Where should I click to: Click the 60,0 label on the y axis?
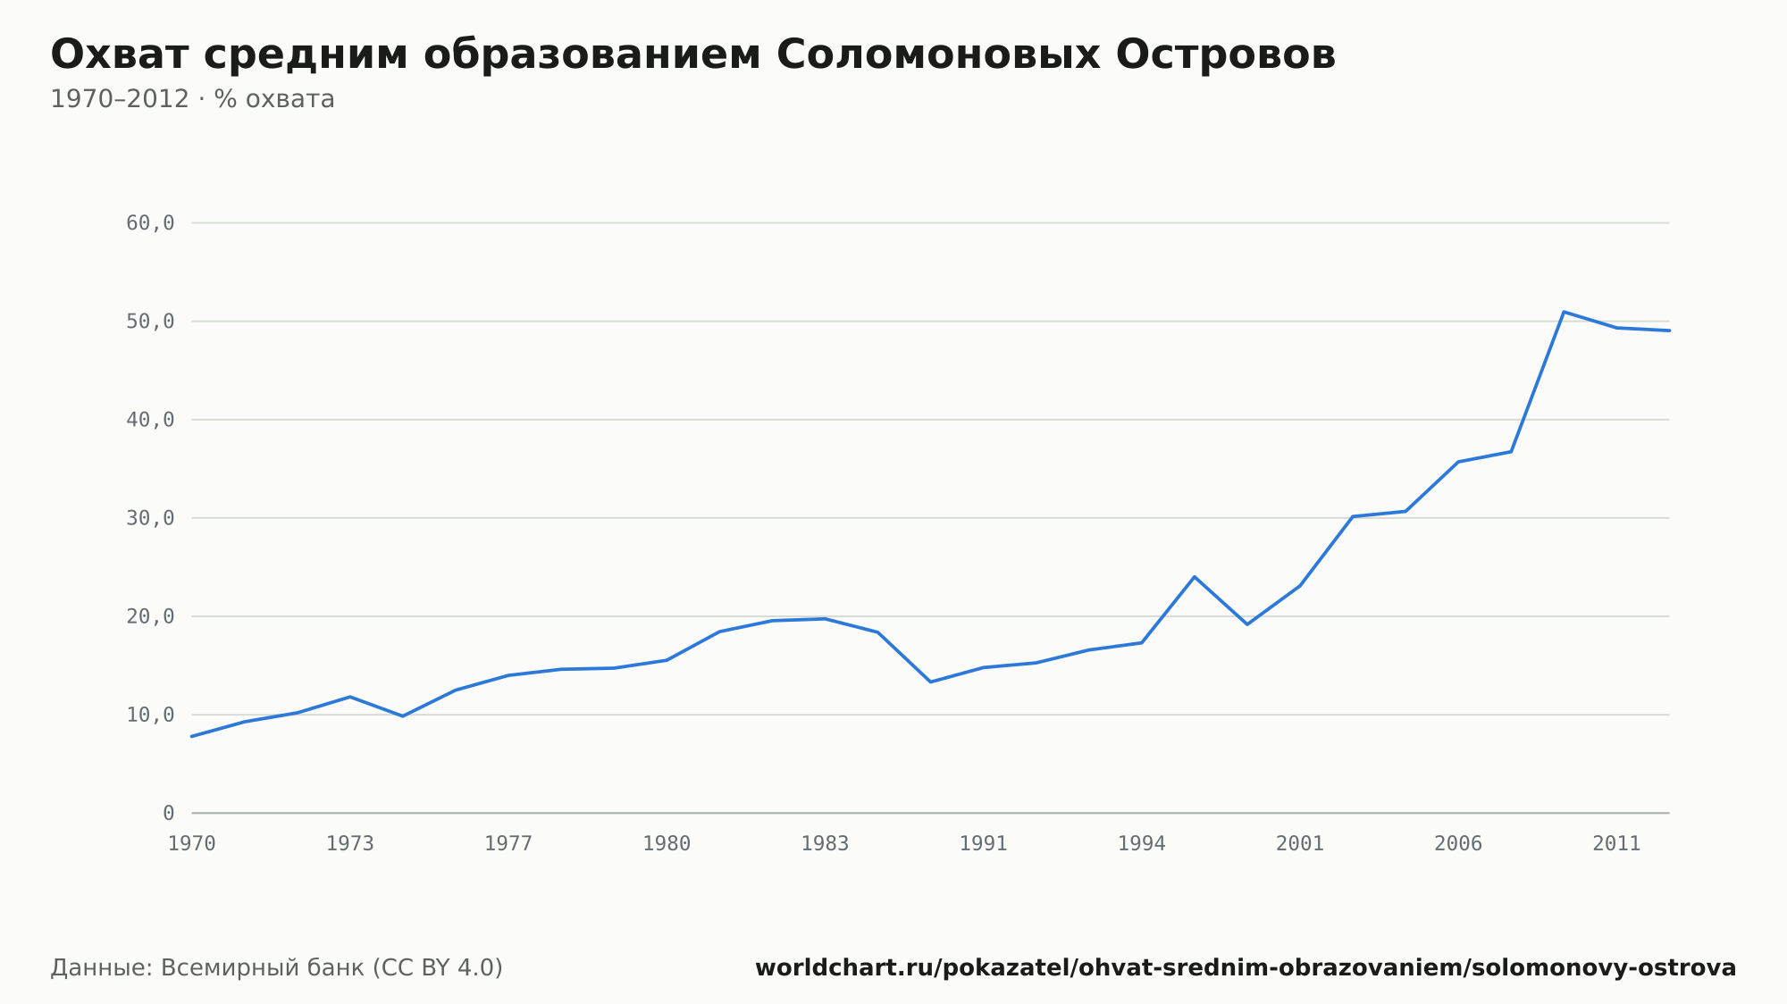click(x=150, y=223)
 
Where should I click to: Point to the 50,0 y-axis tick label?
click(x=150, y=322)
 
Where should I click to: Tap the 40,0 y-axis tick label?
click(x=150, y=420)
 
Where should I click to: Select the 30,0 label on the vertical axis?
click(x=150, y=518)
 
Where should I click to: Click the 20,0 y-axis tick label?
click(x=150, y=616)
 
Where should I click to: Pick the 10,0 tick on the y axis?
click(x=150, y=715)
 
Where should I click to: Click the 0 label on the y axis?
click(x=169, y=813)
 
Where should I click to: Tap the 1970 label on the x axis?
click(x=192, y=844)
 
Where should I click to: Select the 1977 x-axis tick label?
click(x=508, y=844)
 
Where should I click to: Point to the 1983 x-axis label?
click(x=825, y=844)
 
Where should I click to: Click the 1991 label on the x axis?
click(x=983, y=844)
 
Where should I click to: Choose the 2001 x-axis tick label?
click(x=1300, y=844)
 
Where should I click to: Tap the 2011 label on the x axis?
click(x=1616, y=844)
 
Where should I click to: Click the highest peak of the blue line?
click(x=1564, y=312)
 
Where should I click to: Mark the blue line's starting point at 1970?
click(x=192, y=736)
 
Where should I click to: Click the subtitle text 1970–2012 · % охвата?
click(x=192, y=99)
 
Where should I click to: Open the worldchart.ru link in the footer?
click(x=1246, y=968)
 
